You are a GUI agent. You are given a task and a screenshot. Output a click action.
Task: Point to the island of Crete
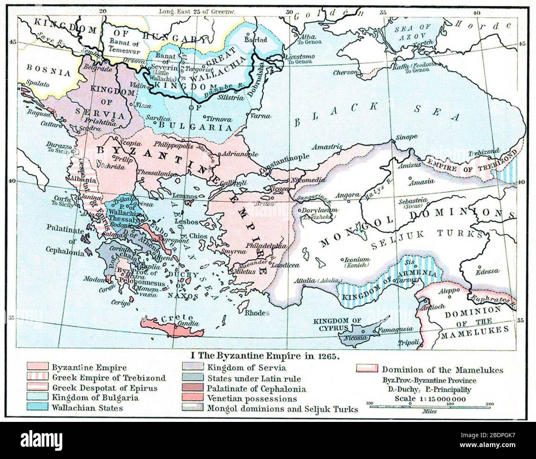pyautogui.click(x=173, y=325)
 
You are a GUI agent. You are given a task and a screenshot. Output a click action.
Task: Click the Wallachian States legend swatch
pyautogui.click(x=38, y=408)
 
